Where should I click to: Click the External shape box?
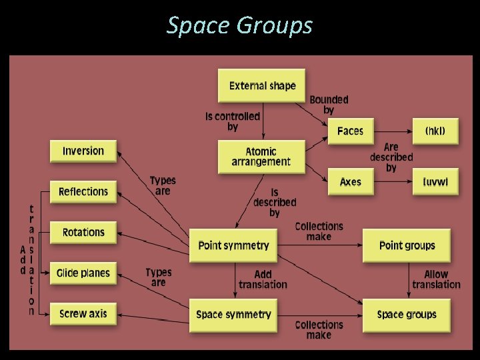262,86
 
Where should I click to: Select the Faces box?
350,131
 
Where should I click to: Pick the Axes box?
350,181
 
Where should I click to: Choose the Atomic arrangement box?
261,157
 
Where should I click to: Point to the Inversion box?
83,151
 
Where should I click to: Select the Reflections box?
83,192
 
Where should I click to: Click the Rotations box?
83,233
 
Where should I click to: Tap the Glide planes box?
83,273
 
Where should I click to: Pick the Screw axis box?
83,314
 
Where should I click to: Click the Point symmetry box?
233,245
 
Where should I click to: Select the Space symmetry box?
233,315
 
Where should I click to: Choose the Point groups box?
407,245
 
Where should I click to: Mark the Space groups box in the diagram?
407,315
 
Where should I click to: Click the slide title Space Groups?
239,25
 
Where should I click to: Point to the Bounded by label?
329,105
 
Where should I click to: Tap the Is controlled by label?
233,121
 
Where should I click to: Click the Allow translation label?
436,279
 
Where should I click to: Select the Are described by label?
391,157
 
